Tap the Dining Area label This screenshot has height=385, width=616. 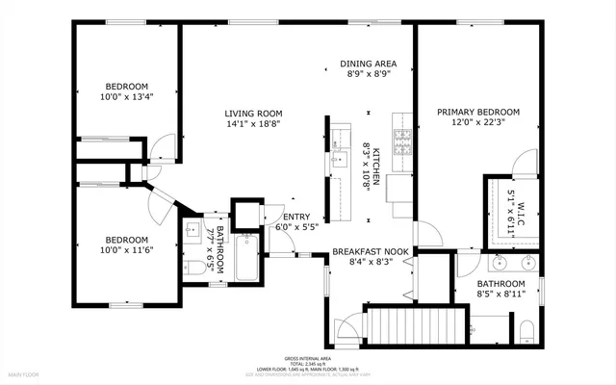[369, 64]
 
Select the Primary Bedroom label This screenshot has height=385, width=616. [478, 112]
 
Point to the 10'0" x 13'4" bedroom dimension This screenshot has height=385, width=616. [127, 96]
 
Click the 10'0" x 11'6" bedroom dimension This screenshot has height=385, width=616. [127, 250]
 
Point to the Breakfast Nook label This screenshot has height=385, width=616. [371, 251]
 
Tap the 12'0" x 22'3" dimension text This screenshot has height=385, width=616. [478, 122]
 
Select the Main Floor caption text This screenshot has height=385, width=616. [24, 373]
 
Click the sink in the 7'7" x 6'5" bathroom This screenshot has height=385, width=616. [193, 231]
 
